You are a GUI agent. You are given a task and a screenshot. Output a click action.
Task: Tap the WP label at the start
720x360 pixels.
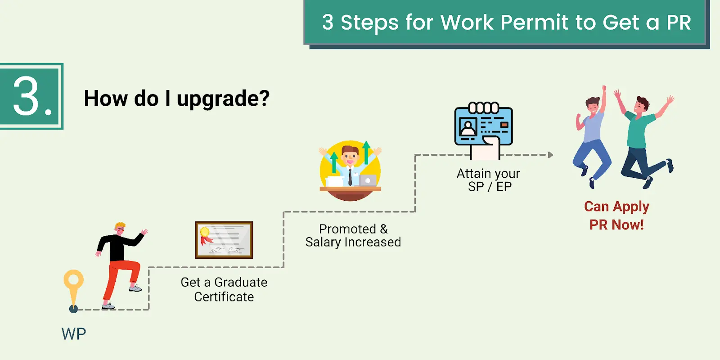[x=73, y=334]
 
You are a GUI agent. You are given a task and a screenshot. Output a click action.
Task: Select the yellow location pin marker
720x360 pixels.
[x=73, y=283]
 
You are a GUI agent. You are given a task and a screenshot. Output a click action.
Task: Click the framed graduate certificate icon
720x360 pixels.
[x=224, y=240]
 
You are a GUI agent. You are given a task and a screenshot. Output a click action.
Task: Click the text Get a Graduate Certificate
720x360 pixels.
[x=224, y=289]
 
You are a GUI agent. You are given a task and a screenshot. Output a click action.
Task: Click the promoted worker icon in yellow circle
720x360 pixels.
[x=350, y=171]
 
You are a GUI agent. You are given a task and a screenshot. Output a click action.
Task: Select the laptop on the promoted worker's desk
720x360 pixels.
[x=368, y=180]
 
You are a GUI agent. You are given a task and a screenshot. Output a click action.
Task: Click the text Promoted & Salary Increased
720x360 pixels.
[x=353, y=235]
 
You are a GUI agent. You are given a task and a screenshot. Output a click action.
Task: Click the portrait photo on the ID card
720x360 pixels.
[x=468, y=128]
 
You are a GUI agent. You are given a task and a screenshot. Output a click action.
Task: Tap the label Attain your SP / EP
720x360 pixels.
[x=489, y=180]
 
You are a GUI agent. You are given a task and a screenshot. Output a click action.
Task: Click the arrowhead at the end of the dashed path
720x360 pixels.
[x=550, y=155]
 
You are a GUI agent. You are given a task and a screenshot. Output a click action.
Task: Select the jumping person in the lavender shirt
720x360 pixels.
[x=592, y=135]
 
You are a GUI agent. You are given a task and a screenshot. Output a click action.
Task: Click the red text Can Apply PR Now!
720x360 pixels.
[x=616, y=215]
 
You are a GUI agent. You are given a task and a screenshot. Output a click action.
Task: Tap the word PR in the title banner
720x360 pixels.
[x=678, y=22]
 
